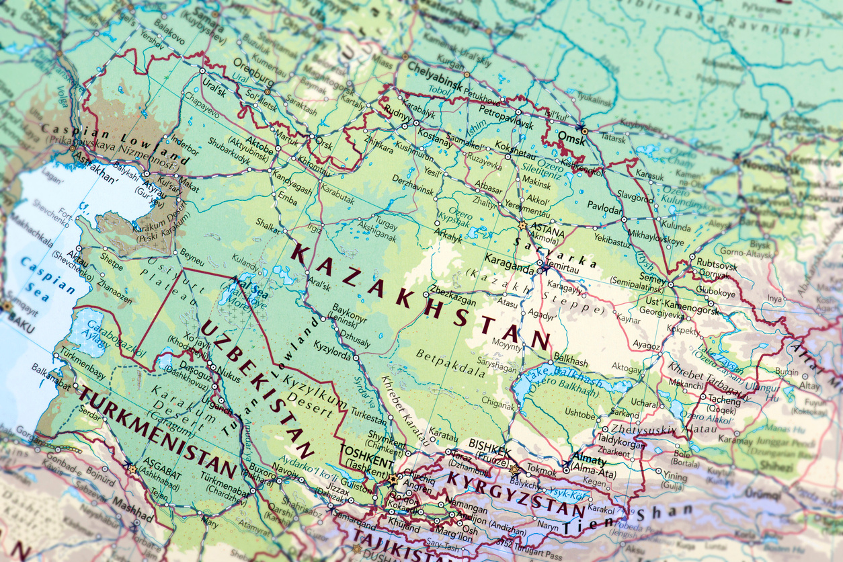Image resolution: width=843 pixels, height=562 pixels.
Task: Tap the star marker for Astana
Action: [x=522, y=225]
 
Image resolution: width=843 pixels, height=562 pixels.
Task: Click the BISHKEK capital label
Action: [x=490, y=444]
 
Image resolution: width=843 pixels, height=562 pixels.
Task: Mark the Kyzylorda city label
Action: [x=332, y=353]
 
